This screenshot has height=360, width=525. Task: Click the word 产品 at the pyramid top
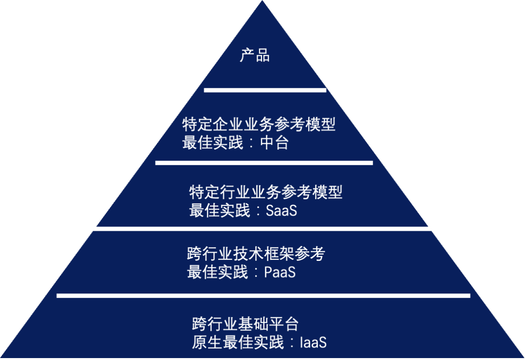[x=255, y=55]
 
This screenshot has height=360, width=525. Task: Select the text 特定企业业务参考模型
[x=259, y=124]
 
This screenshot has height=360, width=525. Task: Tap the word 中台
[x=274, y=143]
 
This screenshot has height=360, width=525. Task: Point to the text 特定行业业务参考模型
[x=265, y=192]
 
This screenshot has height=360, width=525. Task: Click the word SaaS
[x=281, y=211]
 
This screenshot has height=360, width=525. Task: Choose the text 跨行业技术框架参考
[x=256, y=253]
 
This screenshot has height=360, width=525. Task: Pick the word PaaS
[x=280, y=272]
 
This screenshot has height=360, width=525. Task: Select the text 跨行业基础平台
[x=245, y=323]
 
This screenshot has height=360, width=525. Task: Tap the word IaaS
[x=313, y=343]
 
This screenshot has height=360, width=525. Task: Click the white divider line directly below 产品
[x=265, y=90]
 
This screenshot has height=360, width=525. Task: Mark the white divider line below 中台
[x=264, y=163]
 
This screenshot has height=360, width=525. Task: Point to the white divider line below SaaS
[x=261, y=228]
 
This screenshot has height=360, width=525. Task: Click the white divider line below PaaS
[x=263, y=295]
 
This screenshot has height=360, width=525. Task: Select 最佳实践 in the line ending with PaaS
[x=217, y=272]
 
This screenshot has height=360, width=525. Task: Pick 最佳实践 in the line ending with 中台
[x=212, y=143]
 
